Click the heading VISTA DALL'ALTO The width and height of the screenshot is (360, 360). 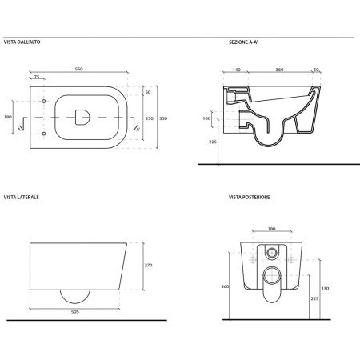22,42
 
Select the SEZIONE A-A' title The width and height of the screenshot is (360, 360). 243,42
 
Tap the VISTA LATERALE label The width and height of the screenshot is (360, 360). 22,197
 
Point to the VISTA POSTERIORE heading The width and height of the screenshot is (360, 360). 250,197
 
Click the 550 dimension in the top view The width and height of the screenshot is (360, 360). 79,69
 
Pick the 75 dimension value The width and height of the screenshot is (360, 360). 37,77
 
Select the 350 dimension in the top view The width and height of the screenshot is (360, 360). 163,118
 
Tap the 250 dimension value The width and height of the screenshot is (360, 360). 150,118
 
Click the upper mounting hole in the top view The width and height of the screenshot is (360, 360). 44,102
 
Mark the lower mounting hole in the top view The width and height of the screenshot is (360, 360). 44,134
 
